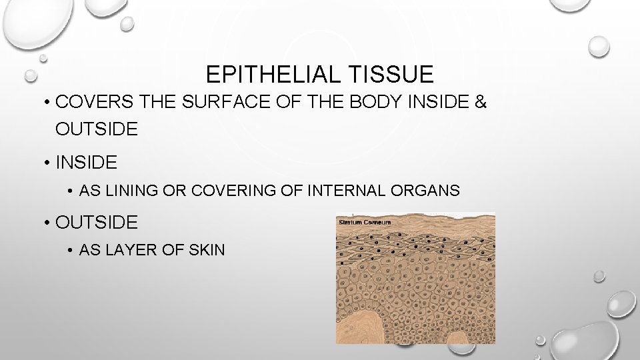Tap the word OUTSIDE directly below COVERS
click(97, 128)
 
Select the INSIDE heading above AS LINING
click(87, 162)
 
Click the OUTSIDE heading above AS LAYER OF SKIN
click(97, 221)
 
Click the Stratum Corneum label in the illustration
click(365, 221)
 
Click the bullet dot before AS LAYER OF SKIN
click(71, 251)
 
